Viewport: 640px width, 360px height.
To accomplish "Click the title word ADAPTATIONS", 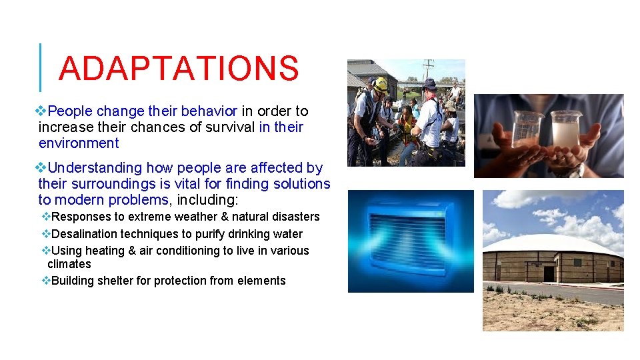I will [x=178, y=68].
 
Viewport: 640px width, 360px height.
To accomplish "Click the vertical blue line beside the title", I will [x=41, y=67].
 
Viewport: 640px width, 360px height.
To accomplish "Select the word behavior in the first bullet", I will [x=212, y=111].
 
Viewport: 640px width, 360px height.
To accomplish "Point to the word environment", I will [x=79, y=143].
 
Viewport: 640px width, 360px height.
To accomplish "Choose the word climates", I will [x=69, y=264].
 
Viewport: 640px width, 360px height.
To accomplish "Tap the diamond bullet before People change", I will [x=43, y=111].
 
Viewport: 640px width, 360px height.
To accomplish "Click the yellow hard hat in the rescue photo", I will [x=381, y=84].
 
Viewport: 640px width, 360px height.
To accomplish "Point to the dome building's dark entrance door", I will [x=549, y=273].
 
